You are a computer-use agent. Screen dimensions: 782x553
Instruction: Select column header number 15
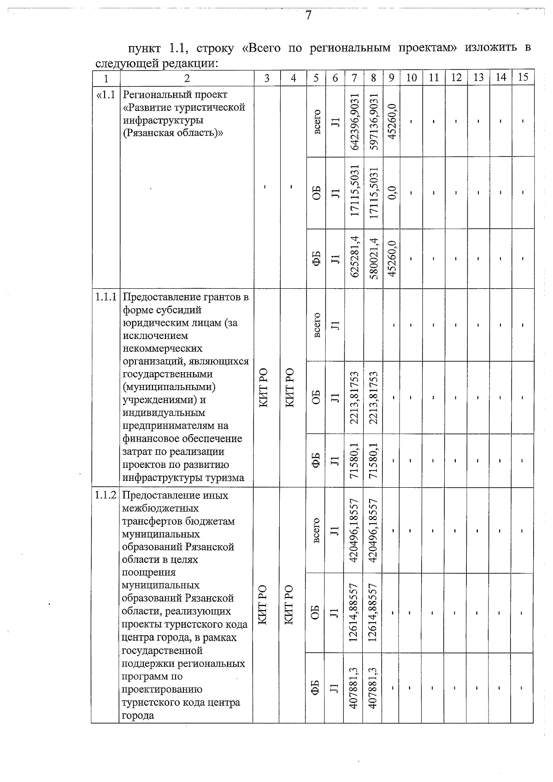click(523, 77)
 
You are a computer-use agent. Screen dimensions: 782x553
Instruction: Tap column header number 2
click(187, 78)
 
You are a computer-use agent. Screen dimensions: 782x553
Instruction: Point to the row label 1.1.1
click(106, 297)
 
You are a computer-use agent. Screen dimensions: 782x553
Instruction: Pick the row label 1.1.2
click(106, 496)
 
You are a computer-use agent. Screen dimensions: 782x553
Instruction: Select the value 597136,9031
click(374, 122)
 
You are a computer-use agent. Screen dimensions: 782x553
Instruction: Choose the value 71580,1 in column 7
click(354, 461)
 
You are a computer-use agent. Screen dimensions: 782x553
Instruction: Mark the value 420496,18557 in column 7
click(354, 530)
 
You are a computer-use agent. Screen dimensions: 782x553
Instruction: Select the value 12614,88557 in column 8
click(374, 613)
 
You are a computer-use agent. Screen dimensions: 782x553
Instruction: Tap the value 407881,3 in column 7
click(354, 688)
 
